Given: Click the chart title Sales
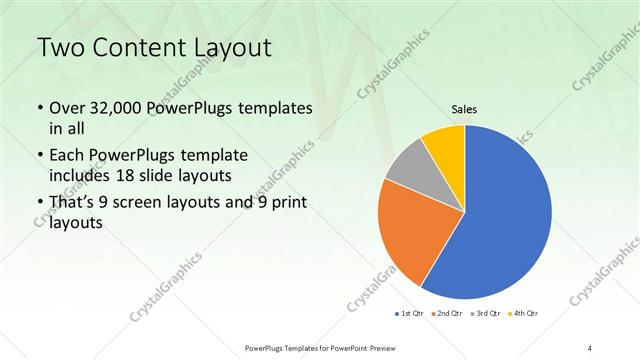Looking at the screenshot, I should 464,112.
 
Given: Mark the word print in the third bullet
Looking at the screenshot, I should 285,204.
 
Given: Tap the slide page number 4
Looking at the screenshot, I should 589,347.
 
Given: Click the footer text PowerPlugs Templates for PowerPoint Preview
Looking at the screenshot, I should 320,347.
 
